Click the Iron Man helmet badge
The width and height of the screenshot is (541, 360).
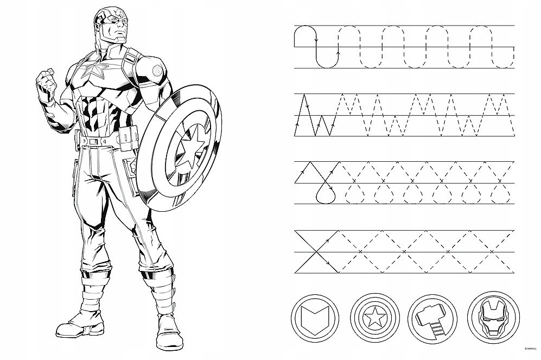(493, 318)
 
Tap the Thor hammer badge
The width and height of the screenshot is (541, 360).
(432, 319)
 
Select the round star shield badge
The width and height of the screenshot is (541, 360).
(375, 318)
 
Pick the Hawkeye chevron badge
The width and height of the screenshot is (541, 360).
(315, 318)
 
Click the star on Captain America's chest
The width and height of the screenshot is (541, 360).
(93, 71)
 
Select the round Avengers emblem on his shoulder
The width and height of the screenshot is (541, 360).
(157, 71)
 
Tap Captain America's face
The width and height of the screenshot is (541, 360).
(115, 26)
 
